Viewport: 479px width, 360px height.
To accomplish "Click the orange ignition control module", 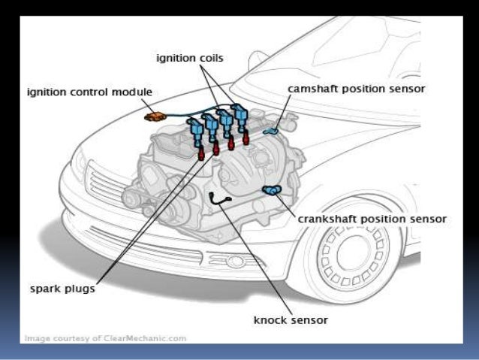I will coord(157,116).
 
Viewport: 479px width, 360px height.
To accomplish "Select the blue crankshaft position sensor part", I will coord(268,191).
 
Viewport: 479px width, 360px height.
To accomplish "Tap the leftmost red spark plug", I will coord(200,156).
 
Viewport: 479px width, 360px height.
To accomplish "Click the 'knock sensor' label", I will coord(291,320).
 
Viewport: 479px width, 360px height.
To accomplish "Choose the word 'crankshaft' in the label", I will coord(325,219).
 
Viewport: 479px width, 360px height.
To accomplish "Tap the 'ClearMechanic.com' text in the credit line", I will coord(149,338).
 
